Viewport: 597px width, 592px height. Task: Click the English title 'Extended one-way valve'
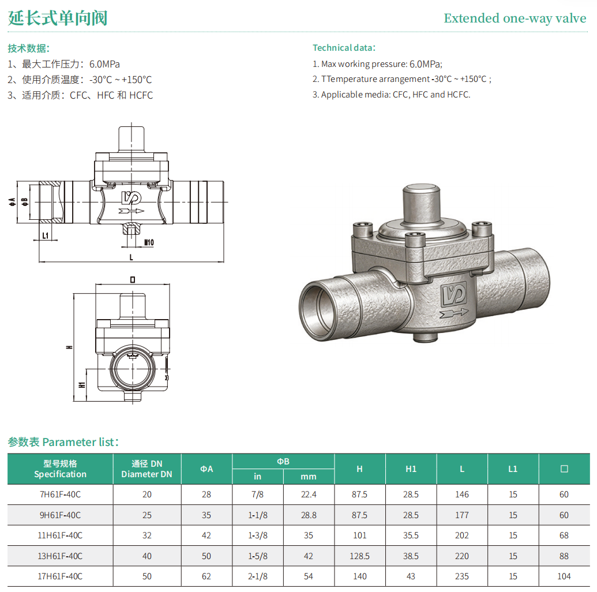point(515,18)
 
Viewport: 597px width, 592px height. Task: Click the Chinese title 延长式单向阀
point(58,18)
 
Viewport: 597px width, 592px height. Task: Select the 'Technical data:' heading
point(344,48)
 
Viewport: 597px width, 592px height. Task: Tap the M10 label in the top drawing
point(149,242)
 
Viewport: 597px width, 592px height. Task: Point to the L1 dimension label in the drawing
point(46,235)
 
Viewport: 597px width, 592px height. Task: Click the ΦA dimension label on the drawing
point(12,202)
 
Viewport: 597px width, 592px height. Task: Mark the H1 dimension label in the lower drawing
point(81,385)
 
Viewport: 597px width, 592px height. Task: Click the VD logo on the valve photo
point(454,294)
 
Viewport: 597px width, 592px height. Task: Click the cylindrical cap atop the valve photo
point(422,204)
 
